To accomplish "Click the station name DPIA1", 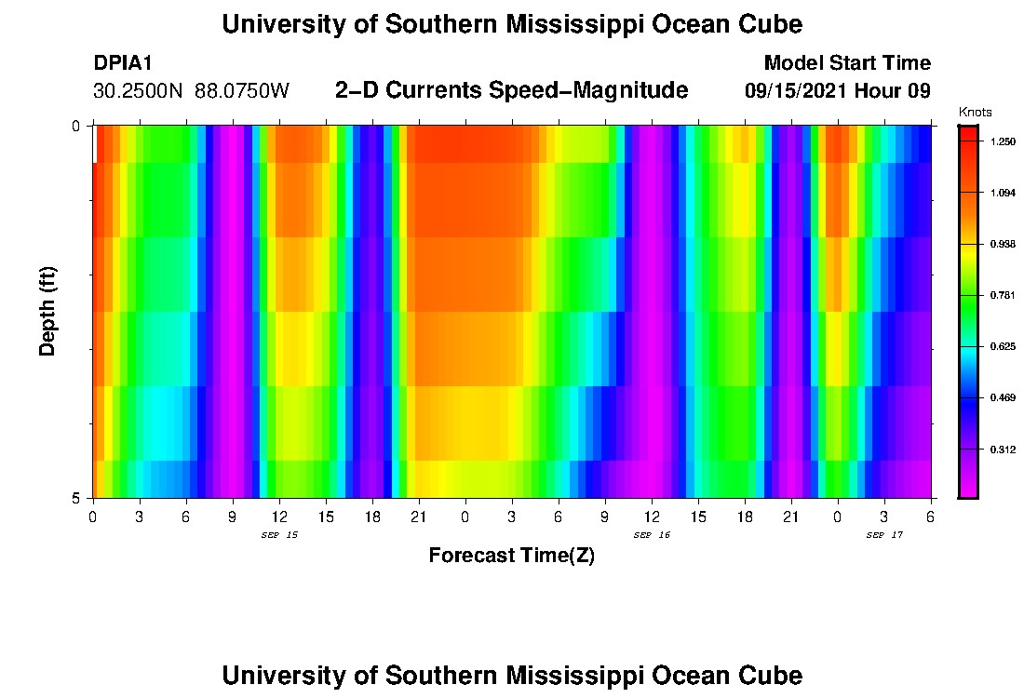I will tap(123, 63).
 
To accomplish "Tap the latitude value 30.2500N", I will tap(140, 91).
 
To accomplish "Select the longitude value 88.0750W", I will tap(242, 91).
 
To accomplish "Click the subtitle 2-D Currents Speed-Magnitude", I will tap(511, 90).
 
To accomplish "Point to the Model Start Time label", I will tap(846, 63).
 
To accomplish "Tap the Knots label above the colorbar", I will tap(975, 112).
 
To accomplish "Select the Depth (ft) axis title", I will tap(48, 311).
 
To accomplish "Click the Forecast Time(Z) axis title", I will tap(511, 556).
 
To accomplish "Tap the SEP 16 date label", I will tap(652, 535).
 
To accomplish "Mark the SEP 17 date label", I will tap(884, 535).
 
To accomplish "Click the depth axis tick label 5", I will tap(76, 498).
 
